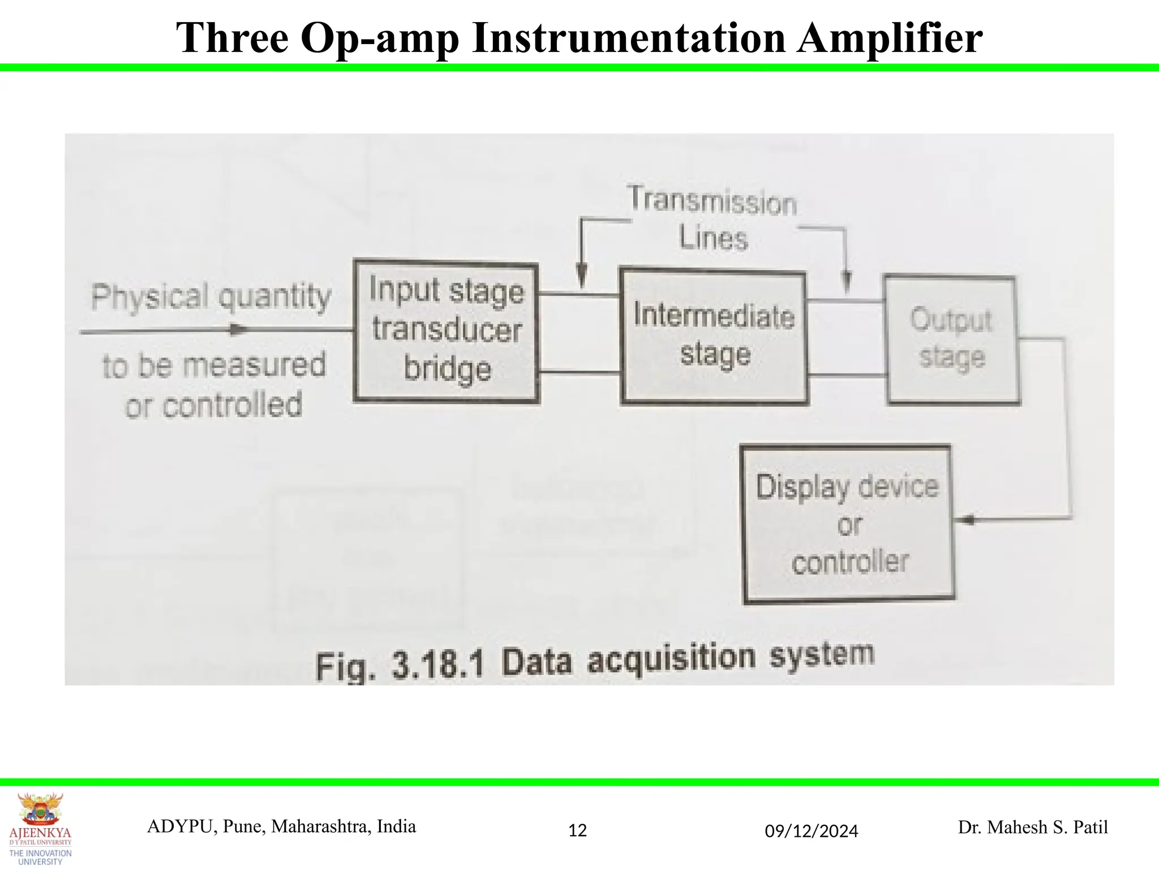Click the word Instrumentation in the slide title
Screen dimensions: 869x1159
[628, 38]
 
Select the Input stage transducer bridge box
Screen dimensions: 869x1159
[446, 331]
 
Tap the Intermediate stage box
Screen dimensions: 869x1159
[714, 337]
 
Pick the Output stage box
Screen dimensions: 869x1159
[952, 339]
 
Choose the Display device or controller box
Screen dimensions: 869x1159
[848, 524]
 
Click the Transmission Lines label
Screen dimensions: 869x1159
[712, 218]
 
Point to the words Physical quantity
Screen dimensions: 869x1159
[211, 296]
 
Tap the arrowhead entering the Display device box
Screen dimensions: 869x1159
[967, 519]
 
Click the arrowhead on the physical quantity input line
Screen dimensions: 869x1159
[239, 330]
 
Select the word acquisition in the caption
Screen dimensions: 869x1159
[671, 659]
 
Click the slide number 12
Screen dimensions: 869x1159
[577, 831]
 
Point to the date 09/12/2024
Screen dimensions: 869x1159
[811, 831]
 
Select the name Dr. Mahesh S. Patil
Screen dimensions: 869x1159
[1032, 827]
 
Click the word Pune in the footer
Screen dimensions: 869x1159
[239, 827]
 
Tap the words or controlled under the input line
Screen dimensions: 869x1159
[214, 405]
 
